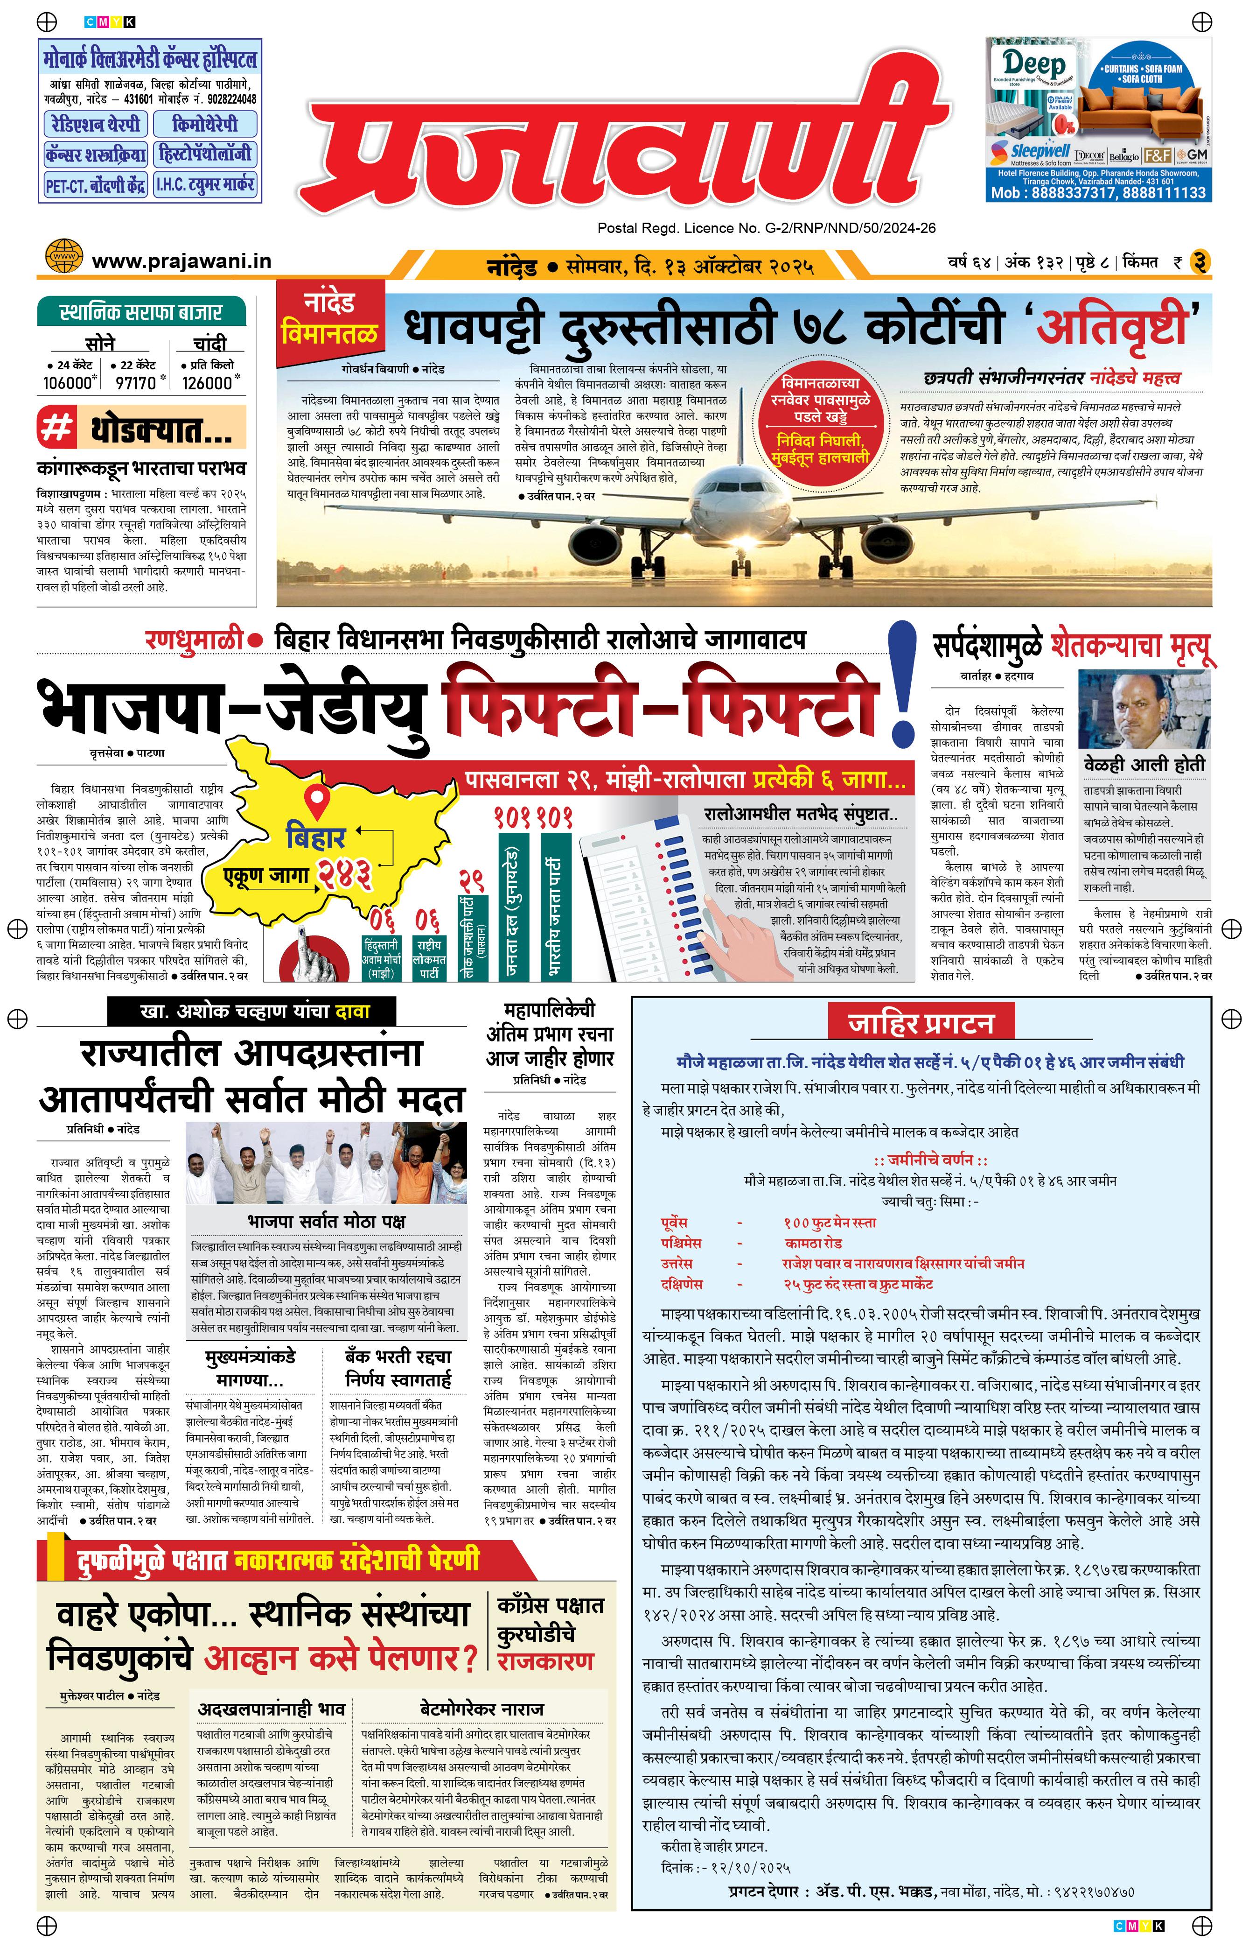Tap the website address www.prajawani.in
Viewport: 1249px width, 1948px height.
coord(181,261)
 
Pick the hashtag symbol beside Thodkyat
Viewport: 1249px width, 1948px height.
coord(57,428)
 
